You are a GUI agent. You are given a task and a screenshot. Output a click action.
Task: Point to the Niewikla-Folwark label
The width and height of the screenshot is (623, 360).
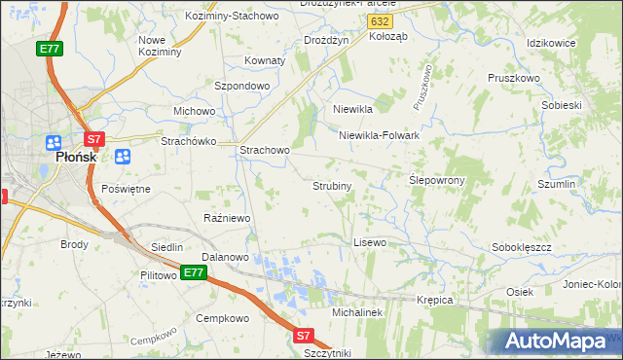point(379,135)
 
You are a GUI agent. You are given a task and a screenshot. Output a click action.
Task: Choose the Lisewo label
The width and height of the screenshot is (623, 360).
point(370,241)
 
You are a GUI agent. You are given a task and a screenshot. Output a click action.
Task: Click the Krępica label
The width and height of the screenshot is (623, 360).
point(435,300)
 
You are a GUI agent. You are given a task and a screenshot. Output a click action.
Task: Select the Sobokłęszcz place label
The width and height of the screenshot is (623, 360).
point(522,248)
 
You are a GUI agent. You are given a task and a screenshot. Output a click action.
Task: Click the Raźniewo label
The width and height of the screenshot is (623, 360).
point(227,218)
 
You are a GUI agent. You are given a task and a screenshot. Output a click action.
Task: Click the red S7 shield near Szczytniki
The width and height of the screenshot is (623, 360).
point(303,336)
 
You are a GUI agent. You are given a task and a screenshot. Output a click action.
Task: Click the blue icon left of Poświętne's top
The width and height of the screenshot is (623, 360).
point(123,157)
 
